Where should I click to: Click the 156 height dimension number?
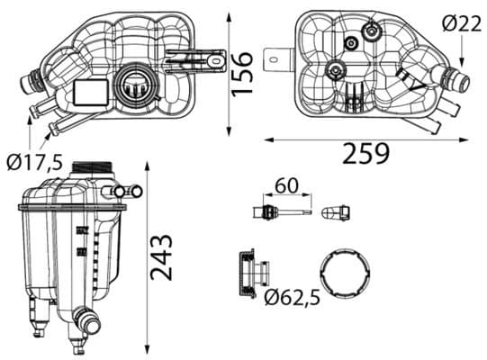pos(240,70)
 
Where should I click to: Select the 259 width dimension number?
pos(366,154)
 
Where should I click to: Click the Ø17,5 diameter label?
pos(34,162)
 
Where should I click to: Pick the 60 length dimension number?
pos(286,186)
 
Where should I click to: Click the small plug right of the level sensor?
pos(334,213)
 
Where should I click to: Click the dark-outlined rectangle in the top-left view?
pos(87,91)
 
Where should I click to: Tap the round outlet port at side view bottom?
pos(84,319)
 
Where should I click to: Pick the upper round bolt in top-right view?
pos(367,31)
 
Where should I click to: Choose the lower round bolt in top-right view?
pos(337,70)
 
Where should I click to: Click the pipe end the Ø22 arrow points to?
pos(458,84)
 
